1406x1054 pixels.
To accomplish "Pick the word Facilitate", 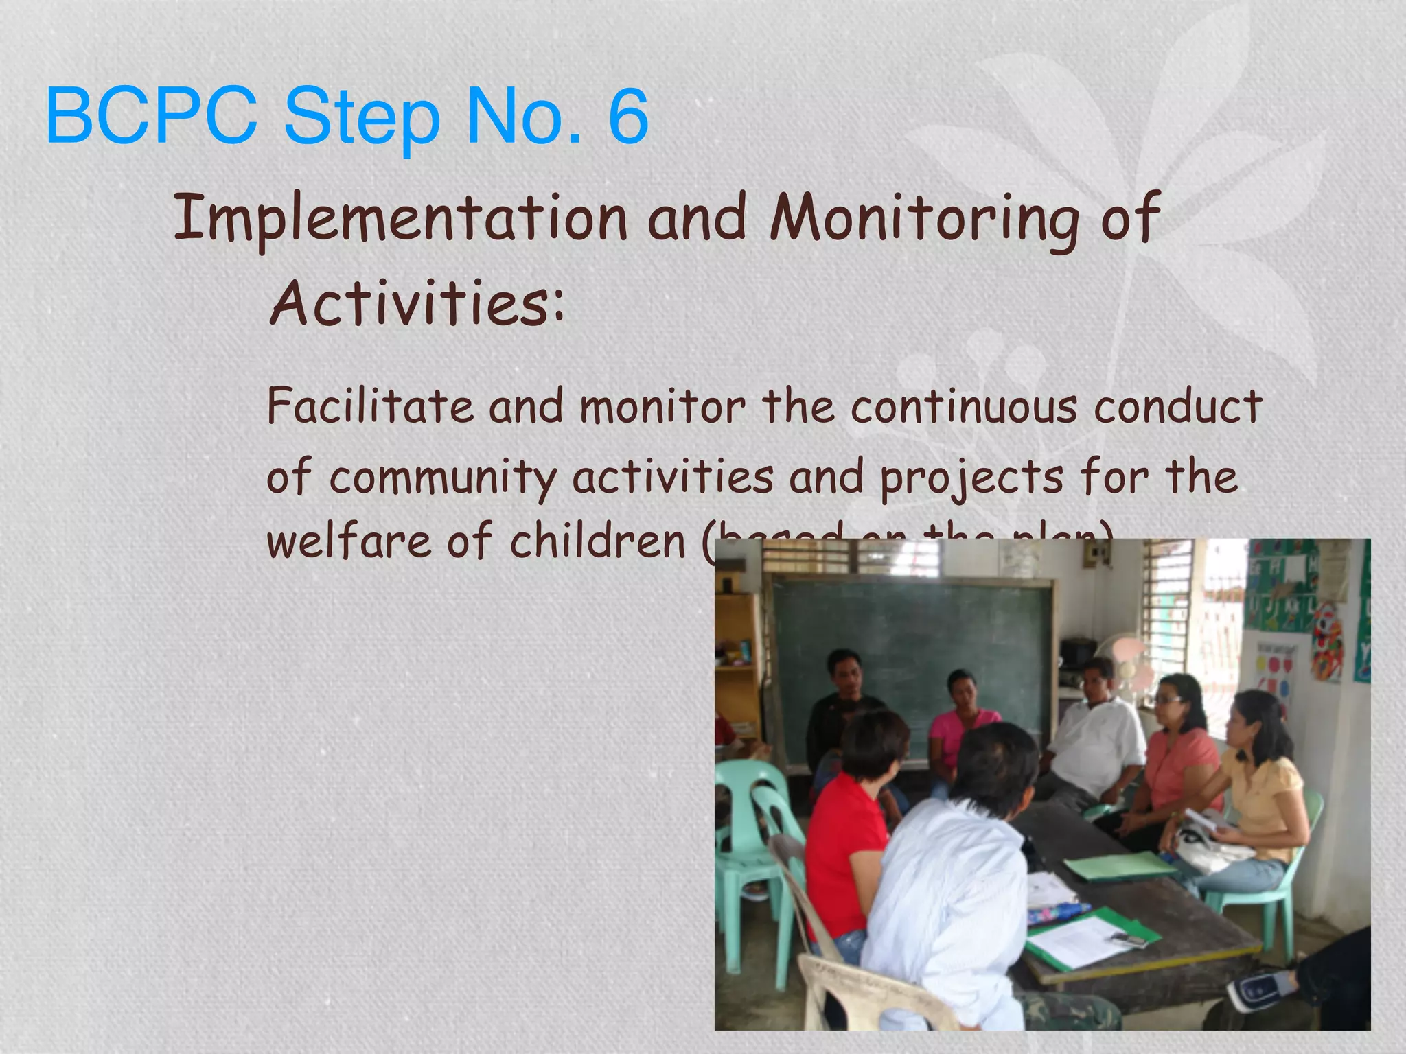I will pos(370,406).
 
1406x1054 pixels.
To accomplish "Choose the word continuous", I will pos(964,406).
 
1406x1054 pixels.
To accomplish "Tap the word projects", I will pos(971,477).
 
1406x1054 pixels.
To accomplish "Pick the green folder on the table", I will pos(1119,866).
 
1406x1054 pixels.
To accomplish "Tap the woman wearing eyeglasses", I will pos(1177,748).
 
